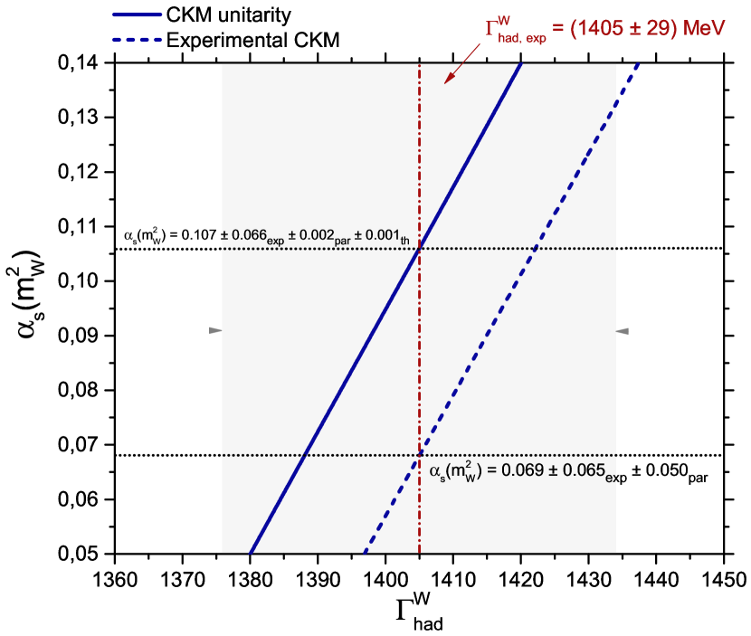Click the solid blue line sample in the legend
click(137, 15)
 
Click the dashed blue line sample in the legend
click(137, 40)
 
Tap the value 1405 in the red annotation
click(600, 29)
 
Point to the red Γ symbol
click(492, 29)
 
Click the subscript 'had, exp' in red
click(521, 40)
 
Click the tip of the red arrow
click(445, 83)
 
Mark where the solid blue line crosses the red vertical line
click(419, 248)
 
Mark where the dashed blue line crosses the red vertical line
click(419, 454)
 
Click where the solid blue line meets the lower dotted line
click(305, 454)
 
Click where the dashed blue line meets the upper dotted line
click(535, 248)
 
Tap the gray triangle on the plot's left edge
click(215, 331)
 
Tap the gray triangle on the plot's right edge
click(623, 331)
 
